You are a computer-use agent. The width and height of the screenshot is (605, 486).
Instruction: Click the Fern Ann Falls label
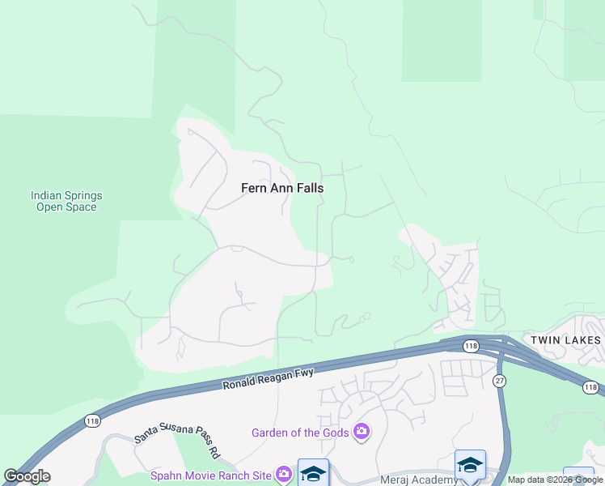(282, 188)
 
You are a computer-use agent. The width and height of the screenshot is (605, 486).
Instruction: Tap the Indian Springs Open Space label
(66, 201)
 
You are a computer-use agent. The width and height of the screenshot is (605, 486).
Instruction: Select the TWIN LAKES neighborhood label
(565, 340)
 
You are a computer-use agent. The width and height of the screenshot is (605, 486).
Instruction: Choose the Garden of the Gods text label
(300, 433)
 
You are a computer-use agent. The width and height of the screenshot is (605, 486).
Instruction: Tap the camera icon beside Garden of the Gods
(362, 433)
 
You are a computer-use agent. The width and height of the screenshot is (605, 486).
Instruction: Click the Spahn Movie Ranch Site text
(212, 475)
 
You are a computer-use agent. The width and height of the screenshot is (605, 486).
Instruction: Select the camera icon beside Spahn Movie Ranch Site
(283, 474)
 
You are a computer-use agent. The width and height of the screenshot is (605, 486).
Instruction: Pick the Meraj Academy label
(419, 480)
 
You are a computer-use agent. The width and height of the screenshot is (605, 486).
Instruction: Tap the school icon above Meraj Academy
(469, 465)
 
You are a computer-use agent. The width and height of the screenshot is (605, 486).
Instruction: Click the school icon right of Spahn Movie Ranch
(313, 473)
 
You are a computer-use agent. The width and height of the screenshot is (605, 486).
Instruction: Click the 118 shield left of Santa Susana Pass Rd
(91, 421)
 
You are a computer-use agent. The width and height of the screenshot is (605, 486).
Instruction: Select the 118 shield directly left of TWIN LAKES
(471, 346)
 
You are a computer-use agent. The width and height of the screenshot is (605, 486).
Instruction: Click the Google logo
(27, 476)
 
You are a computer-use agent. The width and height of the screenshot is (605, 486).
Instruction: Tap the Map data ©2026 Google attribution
(555, 480)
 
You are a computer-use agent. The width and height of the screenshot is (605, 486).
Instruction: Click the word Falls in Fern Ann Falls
(309, 188)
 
